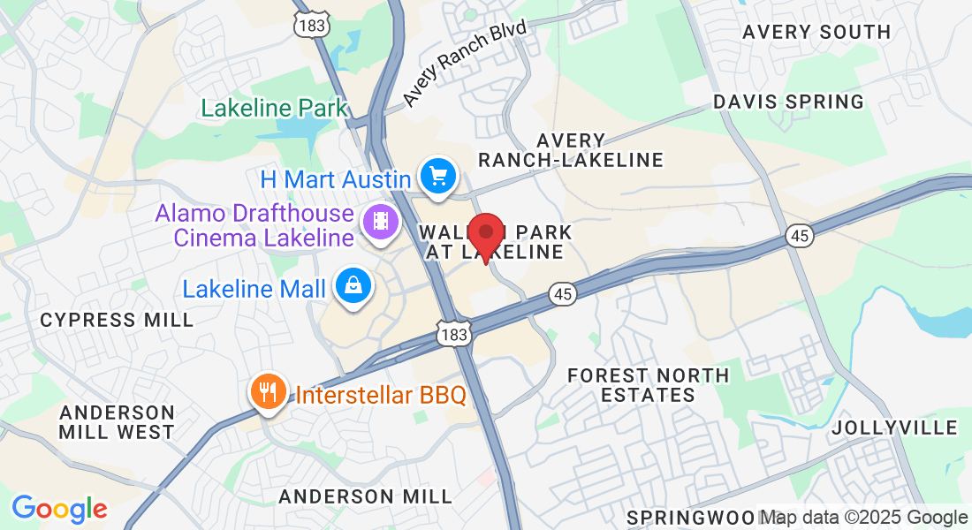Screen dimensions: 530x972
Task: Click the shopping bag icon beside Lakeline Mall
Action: coord(353,286)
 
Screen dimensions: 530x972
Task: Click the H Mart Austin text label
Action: coord(335,180)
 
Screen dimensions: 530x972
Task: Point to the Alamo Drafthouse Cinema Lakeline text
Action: coord(254,225)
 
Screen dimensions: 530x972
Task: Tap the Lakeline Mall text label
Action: coord(253,289)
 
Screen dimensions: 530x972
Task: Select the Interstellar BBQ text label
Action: coord(381,395)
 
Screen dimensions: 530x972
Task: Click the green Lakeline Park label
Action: coord(275,109)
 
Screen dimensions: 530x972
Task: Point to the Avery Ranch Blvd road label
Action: coord(465,64)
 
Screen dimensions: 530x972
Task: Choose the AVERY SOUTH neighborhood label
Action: coord(816,32)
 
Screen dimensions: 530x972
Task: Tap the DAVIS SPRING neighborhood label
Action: coord(788,102)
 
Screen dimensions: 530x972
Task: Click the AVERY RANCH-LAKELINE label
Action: coord(571,150)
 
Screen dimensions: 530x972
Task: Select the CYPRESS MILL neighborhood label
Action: coord(117,320)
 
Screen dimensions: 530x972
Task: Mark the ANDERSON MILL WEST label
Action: coord(117,422)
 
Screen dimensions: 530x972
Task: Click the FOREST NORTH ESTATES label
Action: coord(649,385)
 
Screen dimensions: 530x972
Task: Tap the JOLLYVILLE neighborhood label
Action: coord(894,428)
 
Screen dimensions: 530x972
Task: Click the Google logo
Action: coord(59,509)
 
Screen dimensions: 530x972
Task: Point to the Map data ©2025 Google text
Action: coord(864,518)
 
